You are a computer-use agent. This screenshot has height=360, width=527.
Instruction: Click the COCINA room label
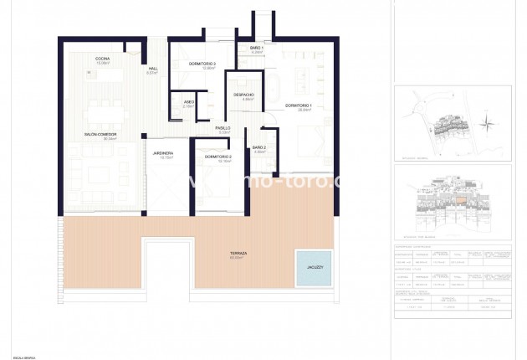click(x=104, y=57)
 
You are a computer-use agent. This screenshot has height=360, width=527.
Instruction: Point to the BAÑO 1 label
click(x=257, y=49)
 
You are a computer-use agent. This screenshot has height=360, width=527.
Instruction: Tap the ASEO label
click(x=189, y=102)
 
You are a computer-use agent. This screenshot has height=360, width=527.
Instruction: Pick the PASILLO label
click(x=223, y=128)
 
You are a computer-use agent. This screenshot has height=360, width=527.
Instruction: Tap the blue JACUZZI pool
click(x=311, y=267)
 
